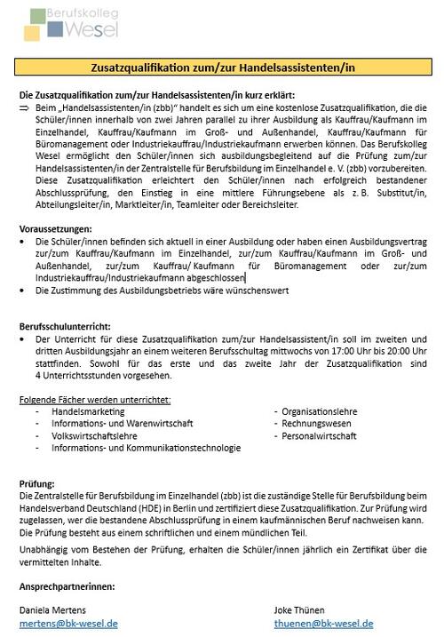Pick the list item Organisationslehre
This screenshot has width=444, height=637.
319,411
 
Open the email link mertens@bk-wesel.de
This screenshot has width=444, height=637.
67,623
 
